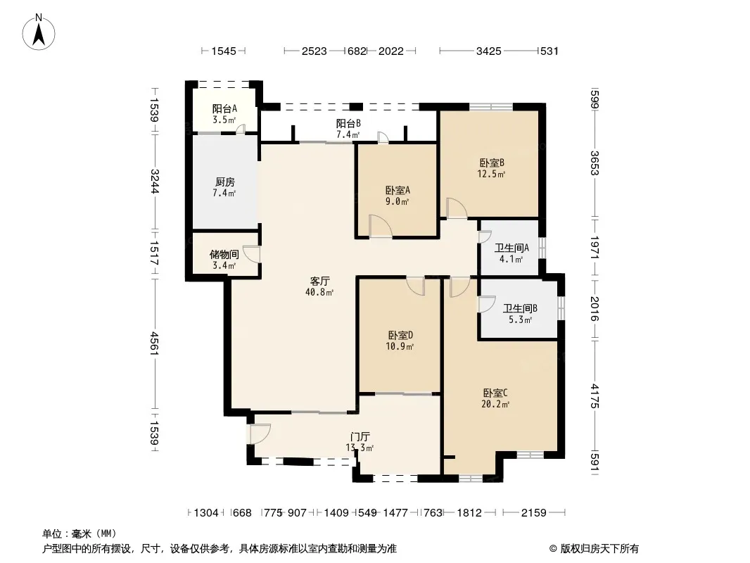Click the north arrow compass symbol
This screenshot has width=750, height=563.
pos(39,32)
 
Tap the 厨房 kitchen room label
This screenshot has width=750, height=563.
pos(224,182)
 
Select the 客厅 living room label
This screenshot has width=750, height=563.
pos(319,281)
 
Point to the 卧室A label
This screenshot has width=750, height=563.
pos(398,190)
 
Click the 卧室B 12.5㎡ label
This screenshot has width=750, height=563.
pos(491,168)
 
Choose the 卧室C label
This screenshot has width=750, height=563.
pos(495,393)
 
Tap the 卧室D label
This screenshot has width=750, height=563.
pos(400,335)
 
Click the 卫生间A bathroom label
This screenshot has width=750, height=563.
pos(511,248)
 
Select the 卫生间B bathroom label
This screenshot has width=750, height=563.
pos(520,308)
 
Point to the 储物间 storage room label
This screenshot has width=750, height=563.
pos(224,255)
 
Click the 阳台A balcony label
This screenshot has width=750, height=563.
pos(224,108)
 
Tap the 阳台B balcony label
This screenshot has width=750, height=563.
pos(348,123)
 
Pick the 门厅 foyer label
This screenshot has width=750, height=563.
pos(360,437)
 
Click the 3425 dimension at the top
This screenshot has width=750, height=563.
pos(488,51)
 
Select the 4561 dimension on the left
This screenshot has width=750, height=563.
pos(154,343)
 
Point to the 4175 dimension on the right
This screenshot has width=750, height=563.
pos(595,396)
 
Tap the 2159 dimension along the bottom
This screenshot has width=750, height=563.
pos(533,513)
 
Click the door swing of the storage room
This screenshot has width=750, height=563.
pos(252,254)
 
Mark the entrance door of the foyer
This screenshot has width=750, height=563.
pos(259,434)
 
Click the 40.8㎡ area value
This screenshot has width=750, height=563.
pos(319,292)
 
